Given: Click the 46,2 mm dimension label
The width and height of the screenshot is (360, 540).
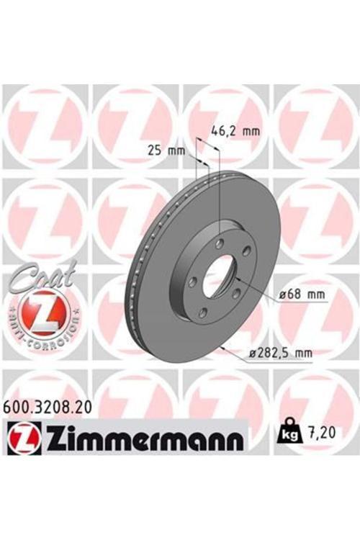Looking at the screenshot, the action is (235, 131).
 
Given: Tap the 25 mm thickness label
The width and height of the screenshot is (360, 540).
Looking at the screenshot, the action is (166, 150).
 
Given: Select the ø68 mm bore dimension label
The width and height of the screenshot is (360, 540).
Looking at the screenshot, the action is (302, 294).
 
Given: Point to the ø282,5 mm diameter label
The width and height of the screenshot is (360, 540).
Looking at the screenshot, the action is (281, 353).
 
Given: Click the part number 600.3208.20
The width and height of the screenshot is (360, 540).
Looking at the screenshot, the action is (48, 408).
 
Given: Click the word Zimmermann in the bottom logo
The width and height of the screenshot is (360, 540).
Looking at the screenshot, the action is (143, 438).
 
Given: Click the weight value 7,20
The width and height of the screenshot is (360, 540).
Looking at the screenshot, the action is (322, 433).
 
